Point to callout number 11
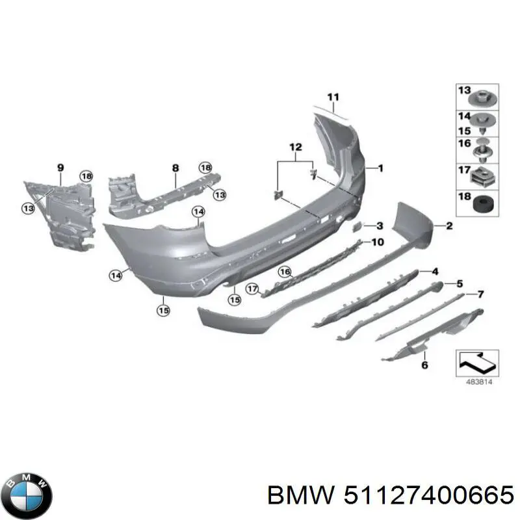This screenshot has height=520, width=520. point(333,98)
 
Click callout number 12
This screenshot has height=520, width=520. point(296,148)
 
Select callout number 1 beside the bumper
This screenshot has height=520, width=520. point(380,168)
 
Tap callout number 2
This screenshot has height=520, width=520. point(448,226)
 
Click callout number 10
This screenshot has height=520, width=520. point(378,242)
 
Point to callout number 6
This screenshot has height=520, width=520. point(424,365)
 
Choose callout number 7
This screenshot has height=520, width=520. point(480,294)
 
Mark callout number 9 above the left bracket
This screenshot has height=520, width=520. point(60,168)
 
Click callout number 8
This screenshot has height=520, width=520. point(175,168)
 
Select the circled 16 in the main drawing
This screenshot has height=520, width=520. point(285,272)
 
